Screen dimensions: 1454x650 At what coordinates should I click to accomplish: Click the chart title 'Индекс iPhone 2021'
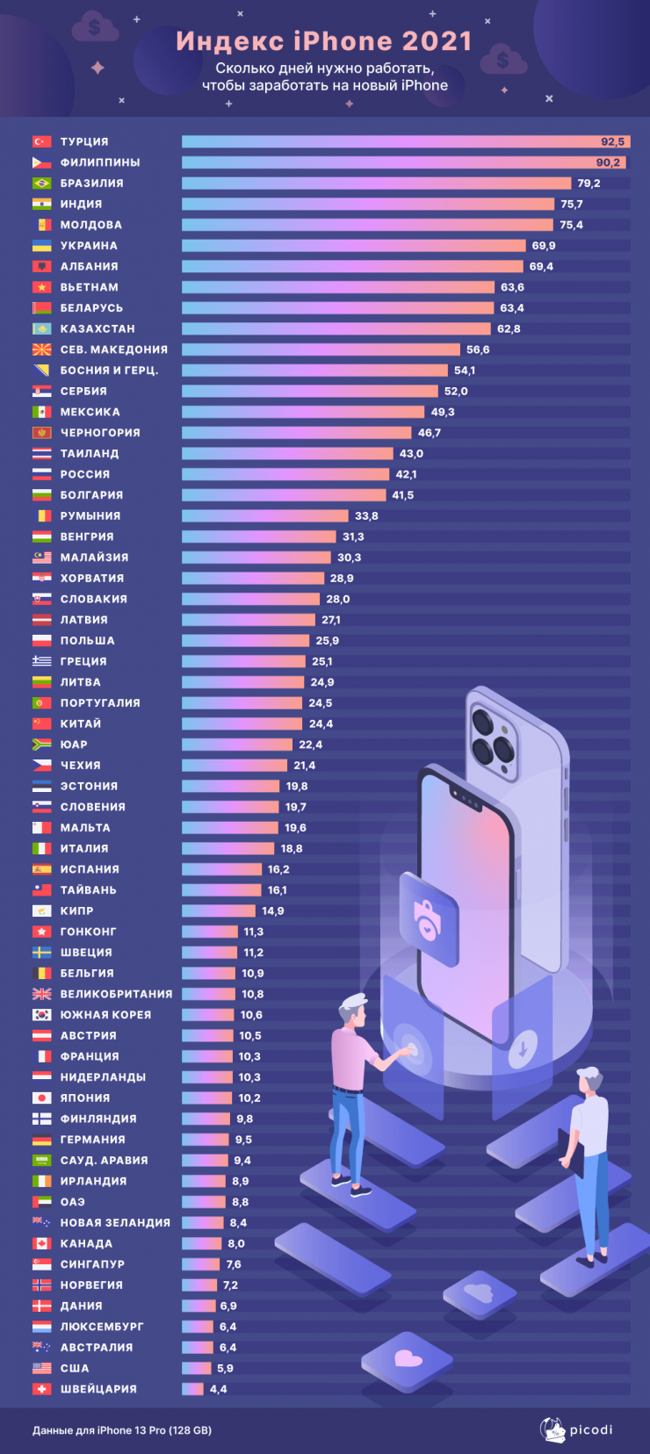[x=324, y=41]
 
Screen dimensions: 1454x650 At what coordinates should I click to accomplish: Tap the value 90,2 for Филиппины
[x=608, y=162]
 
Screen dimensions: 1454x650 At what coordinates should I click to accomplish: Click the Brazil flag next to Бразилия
[x=41, y=184]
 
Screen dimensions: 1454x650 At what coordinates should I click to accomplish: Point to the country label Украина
[x=89, y=246]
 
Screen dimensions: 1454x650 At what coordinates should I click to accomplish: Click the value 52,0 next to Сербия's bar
[x=456, y=392]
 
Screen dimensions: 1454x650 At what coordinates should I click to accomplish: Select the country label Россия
[x=85, y=474]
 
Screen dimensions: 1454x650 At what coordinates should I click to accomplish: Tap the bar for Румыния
[x=264, y=516]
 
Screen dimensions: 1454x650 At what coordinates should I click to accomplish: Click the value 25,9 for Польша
[x=327, y=641]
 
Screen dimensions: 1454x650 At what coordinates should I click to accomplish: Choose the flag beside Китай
[x=41, y=723]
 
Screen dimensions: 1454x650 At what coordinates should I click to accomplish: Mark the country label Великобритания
[x=116, y=994]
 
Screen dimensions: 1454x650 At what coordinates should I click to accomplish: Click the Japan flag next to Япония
[x=41, y=1098]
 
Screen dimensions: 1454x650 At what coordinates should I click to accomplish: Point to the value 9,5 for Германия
[x=243, y=1140]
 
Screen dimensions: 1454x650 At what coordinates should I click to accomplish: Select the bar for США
[x=196, y=1368]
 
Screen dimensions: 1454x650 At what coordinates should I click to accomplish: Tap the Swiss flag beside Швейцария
[x=41, y=1389]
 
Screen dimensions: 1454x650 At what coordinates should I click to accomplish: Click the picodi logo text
[x=590, y=1430]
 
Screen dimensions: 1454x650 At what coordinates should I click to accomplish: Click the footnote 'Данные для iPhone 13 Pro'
[x=122, y=1430]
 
